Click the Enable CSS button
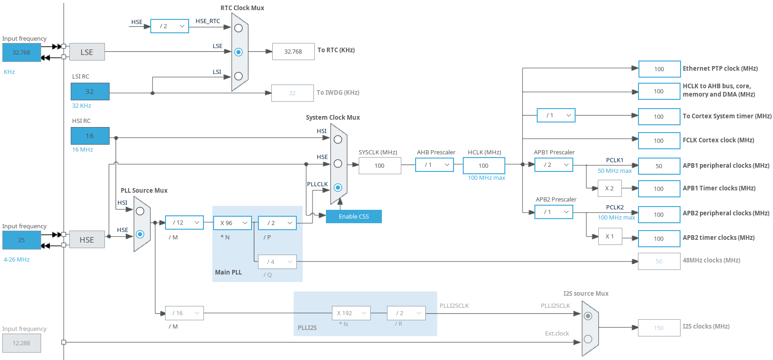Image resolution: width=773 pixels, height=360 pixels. pyautogui.click(x=354, y=216)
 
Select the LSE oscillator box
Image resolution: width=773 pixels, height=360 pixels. pyautogui.click(x=87, y=52)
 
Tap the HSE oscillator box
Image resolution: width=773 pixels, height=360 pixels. pyautogui.click(x=87, y=240)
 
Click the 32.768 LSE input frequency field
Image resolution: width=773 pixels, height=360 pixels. pyautogui.click(x=21, y=53)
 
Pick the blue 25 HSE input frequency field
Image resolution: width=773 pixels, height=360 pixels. pyautogui.click(x=21, y=240)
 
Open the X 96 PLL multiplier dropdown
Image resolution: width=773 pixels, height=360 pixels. pyautogui.click(x=233, y=223)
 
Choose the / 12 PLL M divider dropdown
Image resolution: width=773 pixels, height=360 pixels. pyautogui.click(x=184, y=223)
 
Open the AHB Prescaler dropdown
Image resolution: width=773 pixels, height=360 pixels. pyautogui.click(x=435, y=165)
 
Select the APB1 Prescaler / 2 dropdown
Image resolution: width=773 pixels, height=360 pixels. pyautogui.click(x=554, y=165)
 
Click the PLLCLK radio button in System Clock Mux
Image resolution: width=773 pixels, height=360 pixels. pyautogui.click(x=338, y=188)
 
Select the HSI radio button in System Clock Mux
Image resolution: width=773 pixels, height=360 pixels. pyautogui.click(x=338, y=140)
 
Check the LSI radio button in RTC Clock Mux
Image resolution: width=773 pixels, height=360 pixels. pyautogui.click(x=239, y=76)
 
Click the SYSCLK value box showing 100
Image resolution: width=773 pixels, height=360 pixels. pyautogui.click(x=380, y=166)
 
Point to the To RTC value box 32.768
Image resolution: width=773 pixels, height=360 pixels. pyautogui.click(x=293, y=52)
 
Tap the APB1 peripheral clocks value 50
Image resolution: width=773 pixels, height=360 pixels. pyautogui.click(x=659, y=166)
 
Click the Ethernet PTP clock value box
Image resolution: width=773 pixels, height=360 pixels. pyautogui.click(x=659, y=69)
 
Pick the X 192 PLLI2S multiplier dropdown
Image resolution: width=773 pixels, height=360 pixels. pyautogui.click(x=351, y=313)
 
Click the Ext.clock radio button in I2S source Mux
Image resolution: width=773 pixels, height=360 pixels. pyautogui.click(x=588, y=339)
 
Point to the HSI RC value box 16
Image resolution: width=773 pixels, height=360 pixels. pyautogui.click(x=90, y=136)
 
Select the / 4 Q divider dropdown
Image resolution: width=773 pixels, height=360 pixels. pyautogui.click(x=277, y=262)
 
